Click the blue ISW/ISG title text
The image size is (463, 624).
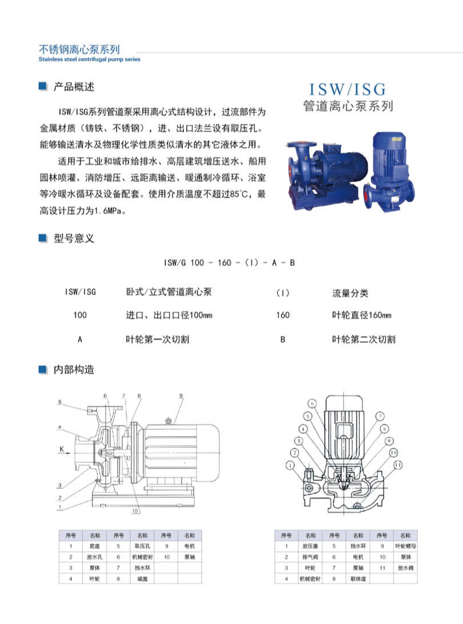[x=347, y=90]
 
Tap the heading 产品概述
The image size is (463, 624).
[x=73, y=87]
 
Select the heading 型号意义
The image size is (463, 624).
[x=73, y=238]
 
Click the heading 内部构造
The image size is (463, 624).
[x=73, y=369]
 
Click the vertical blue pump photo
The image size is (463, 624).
[x=392, y=169]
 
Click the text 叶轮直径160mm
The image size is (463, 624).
[x=361, y=315]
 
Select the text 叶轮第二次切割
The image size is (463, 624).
[x=364, y=339]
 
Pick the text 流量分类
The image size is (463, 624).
[x=350, y=293]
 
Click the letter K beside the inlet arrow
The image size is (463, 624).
[x=61, y=449]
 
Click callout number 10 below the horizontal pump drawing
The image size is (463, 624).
[x=135, y=510]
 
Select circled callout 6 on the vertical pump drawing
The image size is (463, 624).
[x=313, y=403]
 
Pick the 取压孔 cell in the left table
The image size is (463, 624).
[x=141, y=546]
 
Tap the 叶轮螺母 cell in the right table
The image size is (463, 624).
[x=404, y=546]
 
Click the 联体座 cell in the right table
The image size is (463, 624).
[x=358, y=579]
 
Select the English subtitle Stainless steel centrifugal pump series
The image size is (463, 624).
[x=88, y=59]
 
